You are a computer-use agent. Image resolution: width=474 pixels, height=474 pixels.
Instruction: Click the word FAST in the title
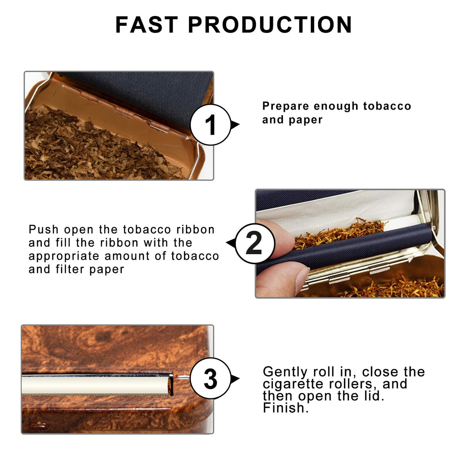147,25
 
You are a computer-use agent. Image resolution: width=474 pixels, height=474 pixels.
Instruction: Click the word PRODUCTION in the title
270,25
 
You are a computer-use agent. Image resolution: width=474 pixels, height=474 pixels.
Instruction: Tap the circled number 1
210,125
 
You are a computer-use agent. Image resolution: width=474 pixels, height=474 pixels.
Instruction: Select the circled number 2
255,243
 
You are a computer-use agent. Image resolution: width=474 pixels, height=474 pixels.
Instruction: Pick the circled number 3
210,378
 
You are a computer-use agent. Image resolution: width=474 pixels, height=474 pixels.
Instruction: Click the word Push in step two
44,230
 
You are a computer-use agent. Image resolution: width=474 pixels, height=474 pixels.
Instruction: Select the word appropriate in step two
64,256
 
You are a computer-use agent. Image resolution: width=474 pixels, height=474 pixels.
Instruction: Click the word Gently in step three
285,372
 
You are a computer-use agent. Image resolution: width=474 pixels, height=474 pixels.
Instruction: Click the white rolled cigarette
96,384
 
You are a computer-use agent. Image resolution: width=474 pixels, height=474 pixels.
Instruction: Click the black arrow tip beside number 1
236,125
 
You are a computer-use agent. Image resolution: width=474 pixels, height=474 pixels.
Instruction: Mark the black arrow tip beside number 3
236,378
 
